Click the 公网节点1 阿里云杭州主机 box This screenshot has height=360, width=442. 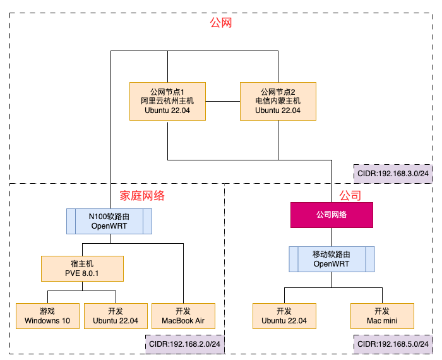coord(167,101)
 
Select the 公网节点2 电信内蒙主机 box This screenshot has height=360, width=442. coord(278,101)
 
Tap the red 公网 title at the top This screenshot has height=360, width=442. coord(221,23)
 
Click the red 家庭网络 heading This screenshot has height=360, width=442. coord(142,196)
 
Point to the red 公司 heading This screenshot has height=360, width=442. coord(350,196)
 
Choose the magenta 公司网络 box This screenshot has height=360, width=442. coord(331,215)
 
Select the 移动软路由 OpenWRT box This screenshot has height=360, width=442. coord(331,259)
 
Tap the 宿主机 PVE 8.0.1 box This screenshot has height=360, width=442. coord(82,268)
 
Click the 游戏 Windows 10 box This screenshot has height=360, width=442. coord(47,316)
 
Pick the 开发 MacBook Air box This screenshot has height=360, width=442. coord(183,316)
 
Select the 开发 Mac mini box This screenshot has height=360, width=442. coord(382,316)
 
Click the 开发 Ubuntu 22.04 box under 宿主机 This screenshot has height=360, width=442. coord(116,316)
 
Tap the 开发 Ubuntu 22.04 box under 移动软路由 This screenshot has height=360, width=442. coord(284,316)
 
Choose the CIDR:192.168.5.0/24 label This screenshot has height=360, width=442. coord(392,345)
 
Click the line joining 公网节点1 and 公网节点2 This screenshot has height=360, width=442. coord(222,101)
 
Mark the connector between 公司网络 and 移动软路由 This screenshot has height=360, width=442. coord(331,237)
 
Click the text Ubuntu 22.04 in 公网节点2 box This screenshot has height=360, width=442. coord(278,111)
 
